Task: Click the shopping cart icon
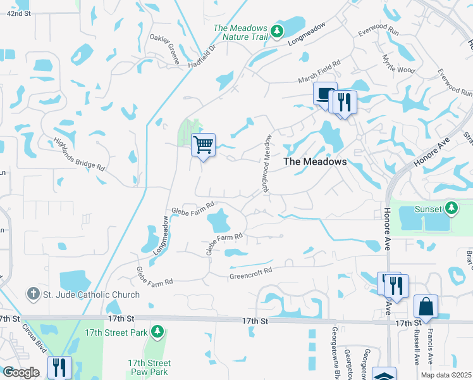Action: click(204, 145)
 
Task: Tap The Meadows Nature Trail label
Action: click(240, 32)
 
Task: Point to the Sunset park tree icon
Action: click(450, 208)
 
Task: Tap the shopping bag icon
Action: click(426, 307)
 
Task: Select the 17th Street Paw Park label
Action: click(149, 367)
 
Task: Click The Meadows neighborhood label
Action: click(315, 161)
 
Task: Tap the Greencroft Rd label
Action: click(250, 271)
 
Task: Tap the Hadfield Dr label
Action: click(202, 55)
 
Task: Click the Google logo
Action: click(20, 372)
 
